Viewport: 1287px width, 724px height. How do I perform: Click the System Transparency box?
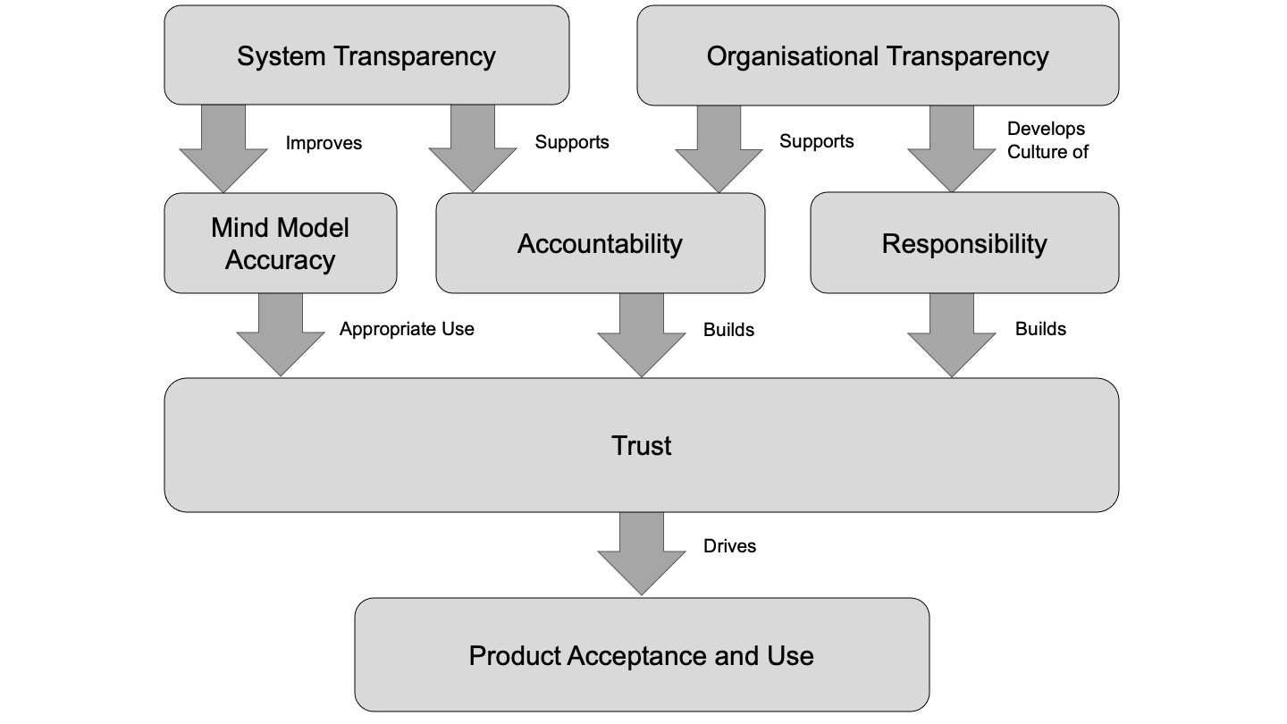click(x=366, y=55)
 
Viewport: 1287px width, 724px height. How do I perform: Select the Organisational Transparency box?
click(x=877, y=55)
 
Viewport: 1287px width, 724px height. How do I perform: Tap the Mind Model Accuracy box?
click(x=280, y=243)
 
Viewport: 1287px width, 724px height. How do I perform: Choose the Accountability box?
click(x=600, y=243)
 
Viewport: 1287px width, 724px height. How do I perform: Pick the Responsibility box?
click(x=963, y=243)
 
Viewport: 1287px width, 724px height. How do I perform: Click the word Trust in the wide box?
click(x=641, y=445)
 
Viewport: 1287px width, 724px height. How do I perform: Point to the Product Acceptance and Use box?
click(x=641, y=655)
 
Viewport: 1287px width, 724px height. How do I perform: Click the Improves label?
click(x=324, y=143)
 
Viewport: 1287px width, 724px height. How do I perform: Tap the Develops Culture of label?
click(x=1047, y=140)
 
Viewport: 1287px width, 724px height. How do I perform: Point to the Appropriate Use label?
click(x=407, y=329)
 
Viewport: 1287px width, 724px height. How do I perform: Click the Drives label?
click(x=729, y=546)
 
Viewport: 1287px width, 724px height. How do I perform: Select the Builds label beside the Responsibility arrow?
click(x=1040, y=329)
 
